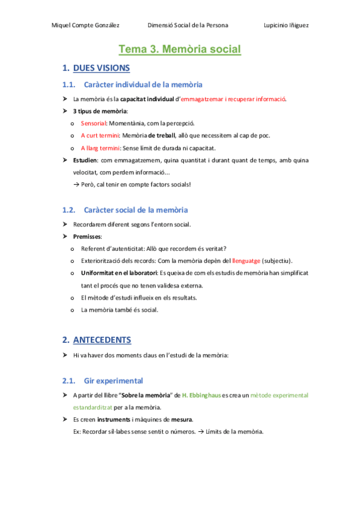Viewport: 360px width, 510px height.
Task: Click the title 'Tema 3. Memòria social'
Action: (x=180, y=49)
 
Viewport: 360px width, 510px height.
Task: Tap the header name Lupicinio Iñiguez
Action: (x=287, y=25)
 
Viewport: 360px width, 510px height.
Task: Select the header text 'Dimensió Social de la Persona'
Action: (x=188, y=25)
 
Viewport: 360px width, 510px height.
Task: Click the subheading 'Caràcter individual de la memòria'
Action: (x=143, y=84)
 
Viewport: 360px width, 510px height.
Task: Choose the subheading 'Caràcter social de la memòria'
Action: (x=136, y=210)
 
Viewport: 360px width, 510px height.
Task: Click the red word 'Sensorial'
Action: (x=93, y=123)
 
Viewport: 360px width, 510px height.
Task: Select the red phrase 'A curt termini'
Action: (x=100, y=135)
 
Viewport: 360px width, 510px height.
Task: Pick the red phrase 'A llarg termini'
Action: (x=100, y=147)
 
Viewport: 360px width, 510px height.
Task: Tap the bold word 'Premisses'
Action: (x=87, y=236)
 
